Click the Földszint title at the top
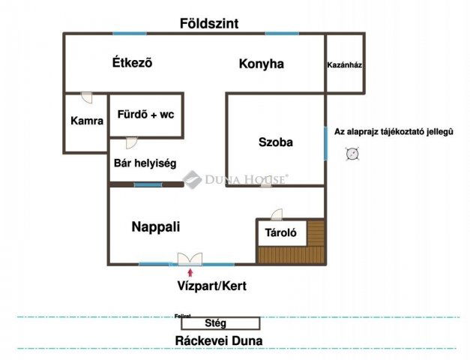tap(209, 23)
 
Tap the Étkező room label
tap(131, 63)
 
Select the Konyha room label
tap(261, 64)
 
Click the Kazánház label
tap(345, 65)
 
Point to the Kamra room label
tap(86, 120)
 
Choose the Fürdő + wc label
tap(145, 115)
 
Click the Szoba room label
tap(275, 142)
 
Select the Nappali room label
tap(156, 226)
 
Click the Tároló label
tap(281, 233)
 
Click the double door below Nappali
tap(187, 259)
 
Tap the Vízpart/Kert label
tap(212, 286)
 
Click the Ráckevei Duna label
tap(218, 340)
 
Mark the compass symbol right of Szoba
tap(352, 154)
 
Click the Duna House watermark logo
tap(192, 179)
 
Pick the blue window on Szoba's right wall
tap(325, 142)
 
